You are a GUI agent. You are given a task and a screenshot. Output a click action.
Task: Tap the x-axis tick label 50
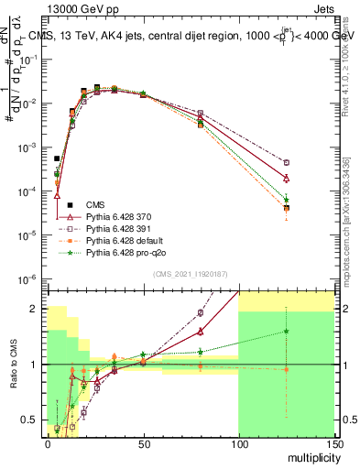[143, 442]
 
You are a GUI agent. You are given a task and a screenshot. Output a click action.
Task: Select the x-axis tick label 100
[238, 442]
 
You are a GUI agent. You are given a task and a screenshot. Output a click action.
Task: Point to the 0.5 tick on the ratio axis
[34, 420]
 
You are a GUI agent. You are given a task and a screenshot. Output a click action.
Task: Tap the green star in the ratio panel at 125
[286, 332]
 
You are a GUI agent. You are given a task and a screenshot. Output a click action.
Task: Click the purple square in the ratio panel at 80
[201, 312]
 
